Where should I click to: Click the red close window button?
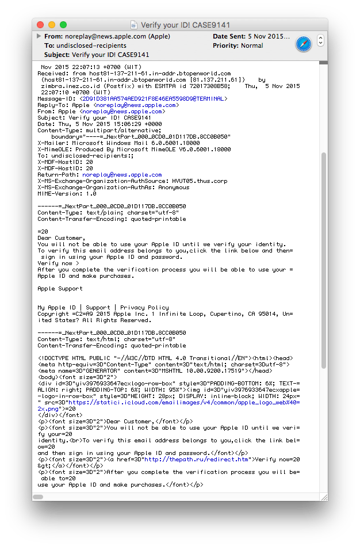40,25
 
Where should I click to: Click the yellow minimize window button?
52,25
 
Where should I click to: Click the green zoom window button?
63,25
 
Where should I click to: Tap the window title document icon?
134,25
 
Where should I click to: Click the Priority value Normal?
252,46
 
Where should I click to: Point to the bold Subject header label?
57,55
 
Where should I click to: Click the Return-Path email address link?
122,175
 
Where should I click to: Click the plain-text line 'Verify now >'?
58,263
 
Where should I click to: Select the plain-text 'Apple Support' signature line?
60,289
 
